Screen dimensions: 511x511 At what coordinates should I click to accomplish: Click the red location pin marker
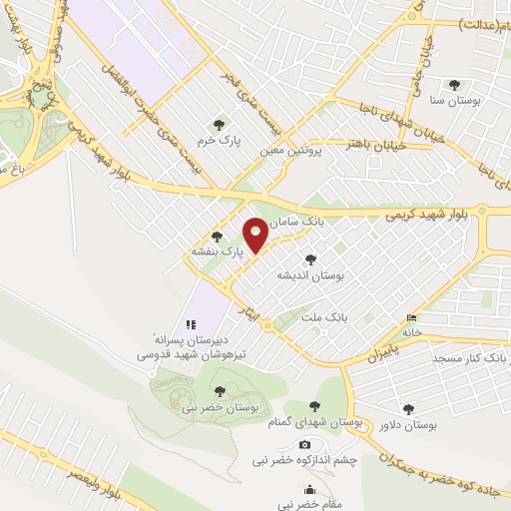tap(255, 233)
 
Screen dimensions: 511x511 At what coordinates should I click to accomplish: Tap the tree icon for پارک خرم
tap(220, 124)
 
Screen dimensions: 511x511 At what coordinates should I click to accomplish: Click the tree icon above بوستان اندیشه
tap(323, 259)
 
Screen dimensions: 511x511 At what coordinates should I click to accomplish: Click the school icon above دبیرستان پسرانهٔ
tap(192, 324)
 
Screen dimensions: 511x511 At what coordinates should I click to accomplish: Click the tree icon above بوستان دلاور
tap(408, 408)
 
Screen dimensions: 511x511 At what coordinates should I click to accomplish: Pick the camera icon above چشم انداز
tap(304, 444)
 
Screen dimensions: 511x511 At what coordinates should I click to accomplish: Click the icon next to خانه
tap(415, 318)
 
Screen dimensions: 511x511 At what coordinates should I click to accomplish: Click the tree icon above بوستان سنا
tap(455, 85)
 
